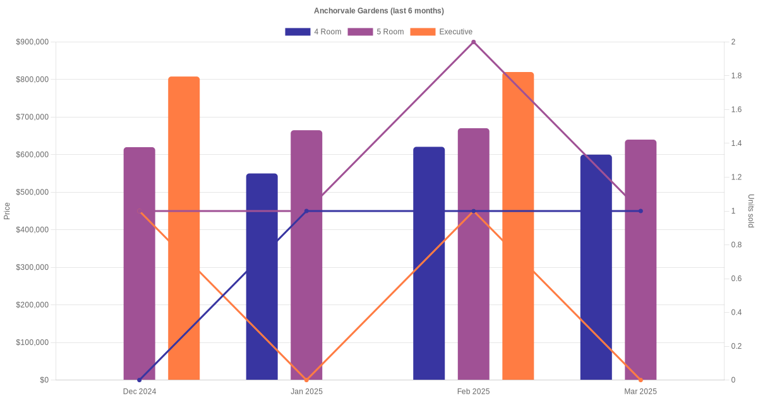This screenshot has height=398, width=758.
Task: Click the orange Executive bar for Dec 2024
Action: [184, 228]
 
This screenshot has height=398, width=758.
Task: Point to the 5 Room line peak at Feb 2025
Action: [474, 42]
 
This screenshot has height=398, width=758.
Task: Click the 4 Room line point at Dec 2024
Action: [140, 380]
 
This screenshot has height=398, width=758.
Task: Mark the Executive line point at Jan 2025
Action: [306, 380]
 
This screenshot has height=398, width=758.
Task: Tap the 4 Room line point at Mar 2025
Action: [641, 211]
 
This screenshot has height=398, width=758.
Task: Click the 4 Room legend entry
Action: [313, 32]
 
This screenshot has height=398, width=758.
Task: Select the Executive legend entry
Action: [442, 32]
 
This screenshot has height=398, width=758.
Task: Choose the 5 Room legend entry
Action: [376, 32]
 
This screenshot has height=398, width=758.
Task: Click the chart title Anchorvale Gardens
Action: [379, 11]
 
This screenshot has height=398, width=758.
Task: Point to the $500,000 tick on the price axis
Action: [32, 192]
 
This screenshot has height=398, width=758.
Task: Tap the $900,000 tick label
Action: [32, 42]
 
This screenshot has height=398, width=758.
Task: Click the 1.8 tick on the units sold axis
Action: [737, 76]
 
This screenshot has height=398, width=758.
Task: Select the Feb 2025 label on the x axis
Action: [474, 392]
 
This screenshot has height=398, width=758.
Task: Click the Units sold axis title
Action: [750, 211]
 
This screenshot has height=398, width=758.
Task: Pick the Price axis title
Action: [7, 211]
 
